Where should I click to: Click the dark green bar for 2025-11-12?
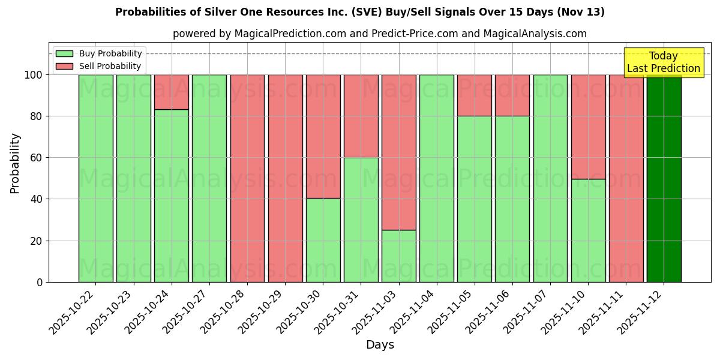coord(664,178)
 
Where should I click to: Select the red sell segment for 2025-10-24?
coord(172,92)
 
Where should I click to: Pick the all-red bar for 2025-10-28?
coord(247,178)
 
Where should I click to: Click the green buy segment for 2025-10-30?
coord(323,240)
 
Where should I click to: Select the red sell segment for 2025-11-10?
coord(588,127)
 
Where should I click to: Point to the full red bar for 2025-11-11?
coord(626,178)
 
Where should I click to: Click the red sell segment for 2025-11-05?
coord(475,95)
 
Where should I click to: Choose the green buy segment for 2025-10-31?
coord(361,220)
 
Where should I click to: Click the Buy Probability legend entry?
coord(98,53)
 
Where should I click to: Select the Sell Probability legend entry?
coord(98,66)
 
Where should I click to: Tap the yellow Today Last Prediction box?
coord(663,62)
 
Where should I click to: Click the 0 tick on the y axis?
coord(40,282)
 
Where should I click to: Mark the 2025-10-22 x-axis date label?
coord(73,311)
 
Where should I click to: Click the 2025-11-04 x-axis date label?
coord(414,311)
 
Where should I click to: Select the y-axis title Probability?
coord(15,163)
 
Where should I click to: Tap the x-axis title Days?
coord(380,345)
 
